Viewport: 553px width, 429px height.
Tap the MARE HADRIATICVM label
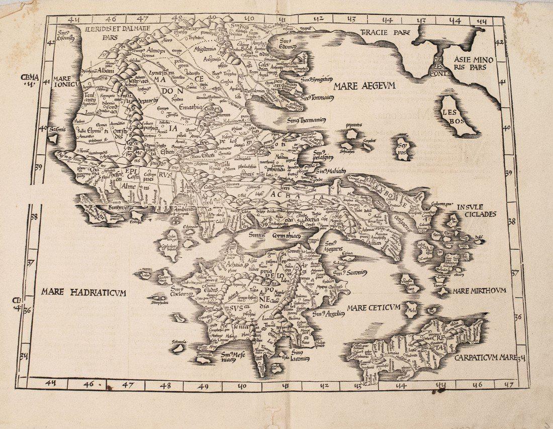pos(83,292)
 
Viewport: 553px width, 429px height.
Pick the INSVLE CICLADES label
pos(476,210)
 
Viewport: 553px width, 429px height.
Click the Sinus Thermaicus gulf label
pos(306,120)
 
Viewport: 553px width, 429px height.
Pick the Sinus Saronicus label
pos(350,272)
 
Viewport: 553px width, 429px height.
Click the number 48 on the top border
pos(176,19)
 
